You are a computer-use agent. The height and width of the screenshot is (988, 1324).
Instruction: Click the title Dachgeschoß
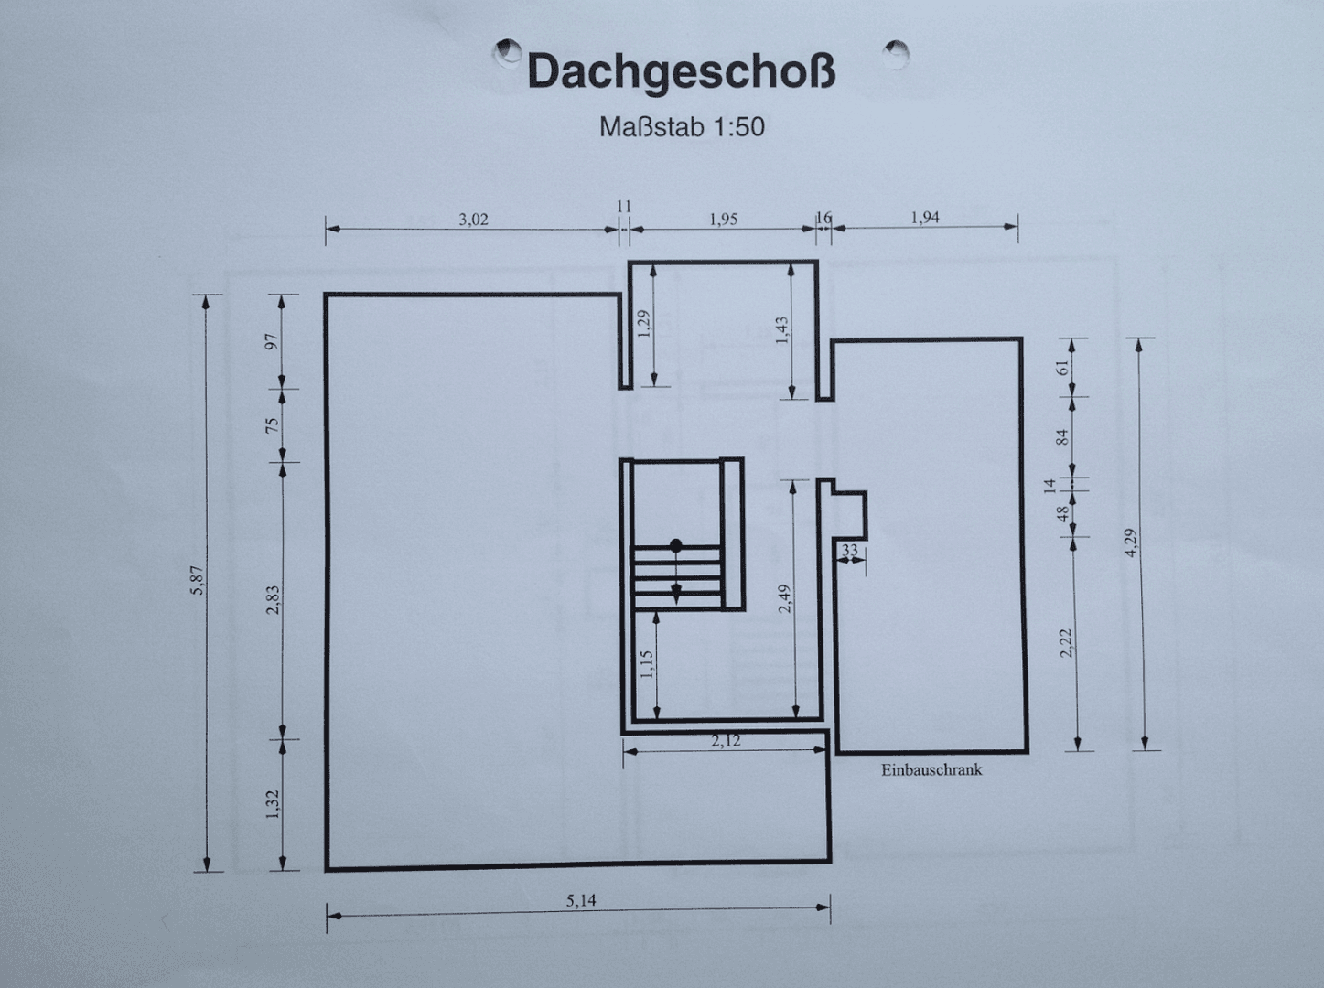click(x=681, y=72)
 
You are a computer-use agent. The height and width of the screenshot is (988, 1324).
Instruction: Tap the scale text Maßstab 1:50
click(x=682, y=127)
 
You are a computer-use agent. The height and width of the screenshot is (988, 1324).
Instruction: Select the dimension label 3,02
click(x=473, y=220)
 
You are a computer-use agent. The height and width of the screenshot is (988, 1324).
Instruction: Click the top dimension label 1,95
click(x=723, y=220)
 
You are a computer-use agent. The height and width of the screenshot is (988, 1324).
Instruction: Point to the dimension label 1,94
click(x=925, y=218)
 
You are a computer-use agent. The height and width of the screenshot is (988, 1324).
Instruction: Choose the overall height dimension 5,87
click(x=198, y=582)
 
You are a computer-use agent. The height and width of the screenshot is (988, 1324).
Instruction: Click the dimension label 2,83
click(x=273, y=600)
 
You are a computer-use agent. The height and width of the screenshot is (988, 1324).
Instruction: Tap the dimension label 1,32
click(x=273, y=804)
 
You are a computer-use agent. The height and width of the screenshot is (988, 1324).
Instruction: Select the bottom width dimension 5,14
click(x=581, y=901)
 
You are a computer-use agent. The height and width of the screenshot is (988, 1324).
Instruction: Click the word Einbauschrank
click(x=931, y=770)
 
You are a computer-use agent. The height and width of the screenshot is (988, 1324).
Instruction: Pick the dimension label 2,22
click(x=1065, y=643)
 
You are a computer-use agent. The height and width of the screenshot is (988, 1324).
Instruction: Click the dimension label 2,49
click(x=784, y=598)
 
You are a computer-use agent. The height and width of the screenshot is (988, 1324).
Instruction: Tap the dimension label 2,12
click(x=726, y=741)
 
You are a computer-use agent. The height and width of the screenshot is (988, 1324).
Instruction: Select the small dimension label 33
click(x=850, y=551)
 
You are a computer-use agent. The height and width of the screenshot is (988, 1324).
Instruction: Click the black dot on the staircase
click(x=676, y=545)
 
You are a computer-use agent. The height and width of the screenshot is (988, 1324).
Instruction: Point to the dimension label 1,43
click(x=781, y=331)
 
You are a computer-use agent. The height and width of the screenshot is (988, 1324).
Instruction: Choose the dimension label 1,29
click(x=643, y=324)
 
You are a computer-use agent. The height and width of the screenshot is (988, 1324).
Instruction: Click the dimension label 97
click(x=271, y=341)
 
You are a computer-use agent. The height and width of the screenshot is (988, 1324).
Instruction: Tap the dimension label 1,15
click(x=646, y=663)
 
